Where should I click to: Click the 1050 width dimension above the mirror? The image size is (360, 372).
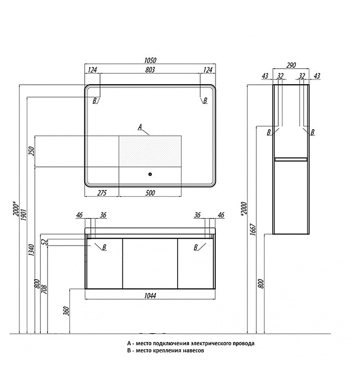coord(150,60)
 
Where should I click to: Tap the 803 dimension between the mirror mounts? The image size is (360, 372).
coord(150,70)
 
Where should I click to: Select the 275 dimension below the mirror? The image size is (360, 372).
coord(102,193)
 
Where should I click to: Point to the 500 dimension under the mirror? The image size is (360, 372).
coord(150,193)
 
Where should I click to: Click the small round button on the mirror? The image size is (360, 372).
coord(150,175)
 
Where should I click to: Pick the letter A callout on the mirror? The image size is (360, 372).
coord(140,127)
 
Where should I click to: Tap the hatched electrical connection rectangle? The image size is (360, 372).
coord(150,151)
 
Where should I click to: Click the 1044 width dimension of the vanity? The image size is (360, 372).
coord(150,296)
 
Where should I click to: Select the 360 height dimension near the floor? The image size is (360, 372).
coord(67,311)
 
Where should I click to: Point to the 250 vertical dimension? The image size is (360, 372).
coord(32,151)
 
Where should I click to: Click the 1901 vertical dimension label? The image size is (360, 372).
coord(24,215)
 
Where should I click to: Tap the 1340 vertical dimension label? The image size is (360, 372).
coord(32,250)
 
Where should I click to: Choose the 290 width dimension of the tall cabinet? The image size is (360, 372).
coord(291,65)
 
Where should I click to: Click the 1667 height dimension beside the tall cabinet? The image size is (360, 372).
coord(253,229)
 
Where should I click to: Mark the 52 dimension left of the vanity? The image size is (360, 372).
coord(44,242)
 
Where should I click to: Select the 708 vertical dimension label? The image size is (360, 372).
coord(44,290)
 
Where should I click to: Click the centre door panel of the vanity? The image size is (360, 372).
coord(150,263)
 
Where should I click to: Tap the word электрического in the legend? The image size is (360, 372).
coord(212,343)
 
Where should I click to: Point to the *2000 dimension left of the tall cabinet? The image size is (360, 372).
coord(244,209)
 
